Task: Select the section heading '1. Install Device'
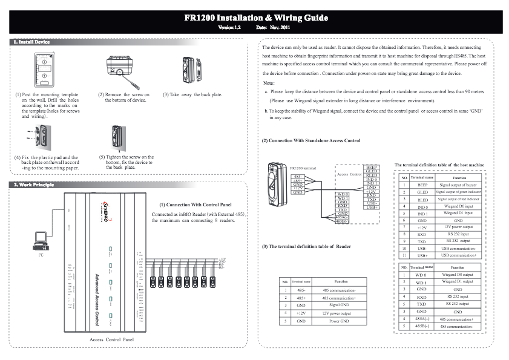[31, 42]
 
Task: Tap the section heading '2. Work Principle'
[33, 185]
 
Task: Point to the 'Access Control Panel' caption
[111, 340]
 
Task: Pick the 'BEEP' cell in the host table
[422, 185]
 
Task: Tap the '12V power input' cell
[458, 226]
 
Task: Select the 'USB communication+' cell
[458, 255]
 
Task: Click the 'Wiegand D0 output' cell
[458, 275]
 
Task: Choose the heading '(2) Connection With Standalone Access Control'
[310, 140]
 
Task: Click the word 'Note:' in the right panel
[270, 83]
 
